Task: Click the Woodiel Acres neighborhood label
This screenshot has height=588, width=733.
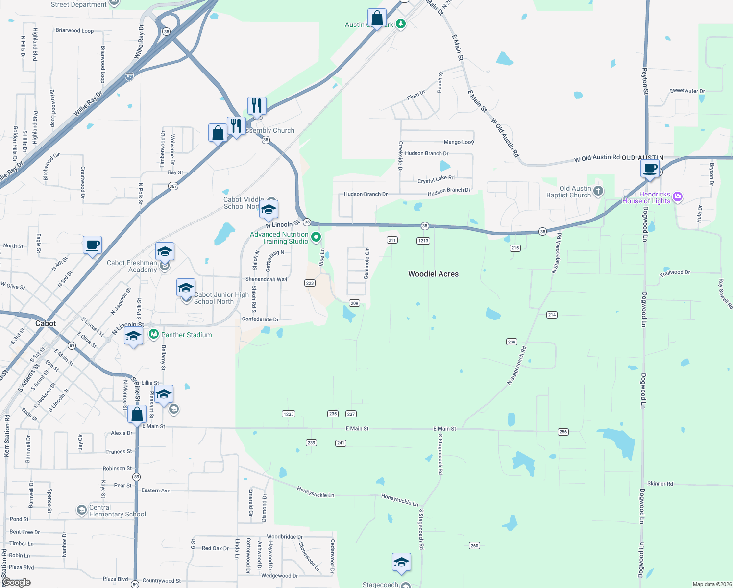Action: (433, 274)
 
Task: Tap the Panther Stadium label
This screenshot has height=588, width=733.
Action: (186, 335)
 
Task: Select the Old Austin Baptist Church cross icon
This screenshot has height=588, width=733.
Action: (598, 191)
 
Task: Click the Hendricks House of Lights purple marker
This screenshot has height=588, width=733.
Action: (677, 197)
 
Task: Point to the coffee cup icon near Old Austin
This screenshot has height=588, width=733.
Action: (650, 170)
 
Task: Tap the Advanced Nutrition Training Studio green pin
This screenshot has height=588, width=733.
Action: (316, 238)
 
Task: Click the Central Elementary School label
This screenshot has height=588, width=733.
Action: (117, 511)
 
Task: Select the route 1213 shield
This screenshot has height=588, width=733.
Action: (423, 241)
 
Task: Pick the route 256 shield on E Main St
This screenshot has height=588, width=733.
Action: (563, 432)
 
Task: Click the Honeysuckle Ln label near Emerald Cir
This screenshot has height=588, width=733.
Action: (315, 492)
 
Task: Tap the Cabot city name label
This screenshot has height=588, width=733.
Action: (46, 323)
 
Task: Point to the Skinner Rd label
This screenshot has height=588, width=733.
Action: (660, 484)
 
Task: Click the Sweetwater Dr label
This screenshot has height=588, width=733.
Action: (687, 91)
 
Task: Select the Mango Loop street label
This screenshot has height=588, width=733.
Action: (459, 142)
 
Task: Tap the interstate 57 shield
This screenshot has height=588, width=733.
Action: (129, 77)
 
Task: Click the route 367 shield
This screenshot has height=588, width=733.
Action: (173, 186)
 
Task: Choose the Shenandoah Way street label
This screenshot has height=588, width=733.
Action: (266, 279)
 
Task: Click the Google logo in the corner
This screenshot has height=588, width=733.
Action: (17, 582)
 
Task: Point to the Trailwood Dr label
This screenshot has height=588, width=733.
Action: (675, 272)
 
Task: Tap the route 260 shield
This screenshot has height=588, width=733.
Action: (474, 545)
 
